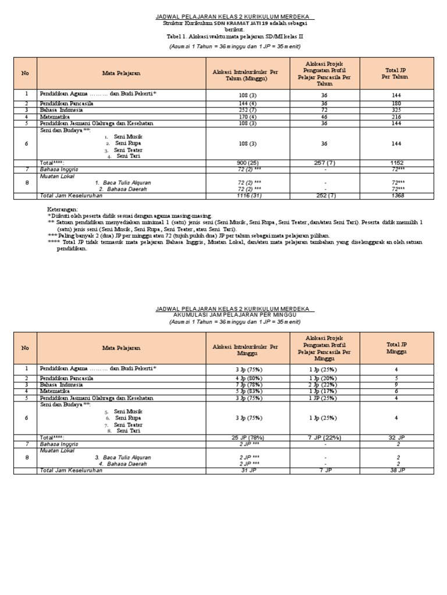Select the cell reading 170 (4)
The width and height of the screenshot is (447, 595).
point(249,116)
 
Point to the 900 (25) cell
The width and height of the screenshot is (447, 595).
point(249,163)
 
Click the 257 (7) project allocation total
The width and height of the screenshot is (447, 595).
point(324,163)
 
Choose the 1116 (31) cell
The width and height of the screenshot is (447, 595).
point(249,196)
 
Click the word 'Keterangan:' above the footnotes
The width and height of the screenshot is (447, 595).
point(62,209)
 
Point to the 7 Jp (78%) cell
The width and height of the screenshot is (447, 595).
point(249,385)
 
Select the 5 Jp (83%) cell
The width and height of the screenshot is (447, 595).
point(249,391)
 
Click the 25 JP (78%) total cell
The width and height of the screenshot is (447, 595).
point(249,438)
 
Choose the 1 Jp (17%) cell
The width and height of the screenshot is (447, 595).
point(324,391)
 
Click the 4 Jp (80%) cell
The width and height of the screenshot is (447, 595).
point(249,378)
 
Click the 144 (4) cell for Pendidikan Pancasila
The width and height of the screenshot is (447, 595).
point(249,103)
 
